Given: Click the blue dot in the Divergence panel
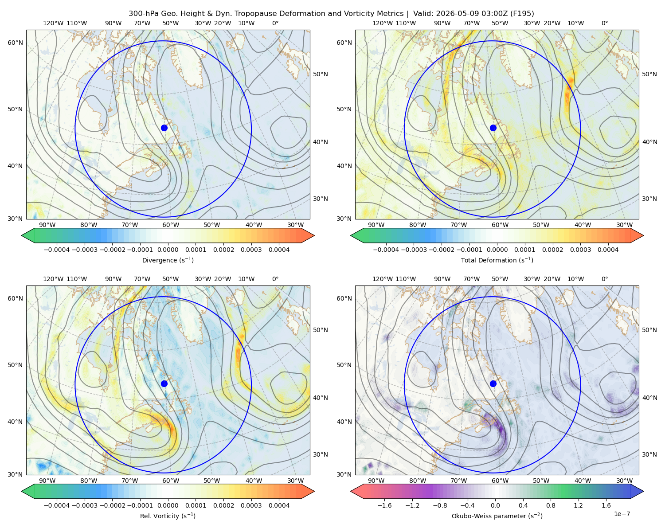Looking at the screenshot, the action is [x=164, y=128].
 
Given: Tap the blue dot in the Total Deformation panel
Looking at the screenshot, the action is [x=493, y=128].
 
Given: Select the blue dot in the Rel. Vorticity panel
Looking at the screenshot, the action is [x=164, y=383].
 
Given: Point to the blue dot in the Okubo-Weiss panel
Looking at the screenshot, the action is [x=493, y=383].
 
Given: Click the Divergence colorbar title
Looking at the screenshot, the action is [x=168, y=260].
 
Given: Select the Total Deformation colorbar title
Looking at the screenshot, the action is [x=497, y=260].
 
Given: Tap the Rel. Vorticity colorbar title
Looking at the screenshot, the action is [x=168, y=516].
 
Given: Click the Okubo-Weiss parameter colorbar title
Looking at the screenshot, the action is [x=497, y=516].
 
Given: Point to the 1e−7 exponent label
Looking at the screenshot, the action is [x=622, y=514].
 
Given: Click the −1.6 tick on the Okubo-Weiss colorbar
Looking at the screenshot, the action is [x=384, y=505].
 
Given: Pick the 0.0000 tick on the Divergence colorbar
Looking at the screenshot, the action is [x=168, y=250].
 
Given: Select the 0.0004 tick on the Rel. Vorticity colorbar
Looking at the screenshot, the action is [x=279, y=505].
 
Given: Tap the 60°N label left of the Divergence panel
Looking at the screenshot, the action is [x=15, y=43].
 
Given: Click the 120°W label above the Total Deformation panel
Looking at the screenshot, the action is [x=382, y=23].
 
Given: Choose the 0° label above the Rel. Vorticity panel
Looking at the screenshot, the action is [x=275, y=279].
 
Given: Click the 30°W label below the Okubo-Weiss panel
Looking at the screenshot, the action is [x=624, y=481].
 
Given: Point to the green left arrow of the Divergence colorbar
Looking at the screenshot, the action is [x=28, y=235].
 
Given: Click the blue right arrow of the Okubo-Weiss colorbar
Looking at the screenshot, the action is [x=637, y=491].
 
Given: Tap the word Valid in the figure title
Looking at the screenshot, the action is [x=421, y=14].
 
